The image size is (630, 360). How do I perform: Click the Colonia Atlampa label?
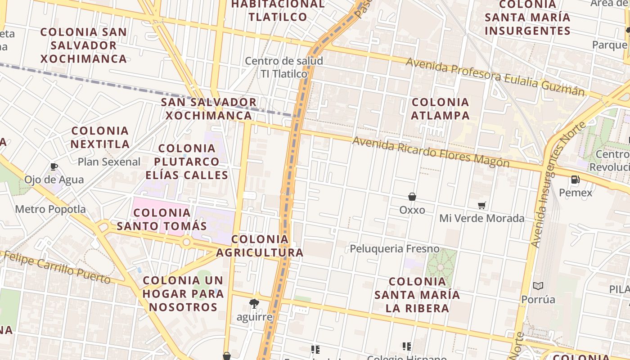(x=440, y=109)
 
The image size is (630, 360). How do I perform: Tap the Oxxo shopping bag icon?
(x=412, y=197)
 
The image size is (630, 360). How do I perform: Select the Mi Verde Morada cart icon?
(x=482, y=206)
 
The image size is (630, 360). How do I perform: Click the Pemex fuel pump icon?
(x=575, y=180)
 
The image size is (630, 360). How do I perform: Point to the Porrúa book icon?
(x=538, y=286)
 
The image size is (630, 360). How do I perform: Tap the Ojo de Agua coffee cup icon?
(x=54, y=167)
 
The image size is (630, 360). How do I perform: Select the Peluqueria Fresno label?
(x=394, y=248)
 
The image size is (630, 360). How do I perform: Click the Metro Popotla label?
(x=50, y=209)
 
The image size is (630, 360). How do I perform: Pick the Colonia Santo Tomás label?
(x=162, y=219)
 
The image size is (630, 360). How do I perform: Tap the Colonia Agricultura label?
(x=260, y=246)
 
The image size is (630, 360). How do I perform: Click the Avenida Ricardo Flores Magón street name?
(x=431, y=152)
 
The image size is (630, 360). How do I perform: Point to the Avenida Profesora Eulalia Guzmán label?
(x=495, y=76)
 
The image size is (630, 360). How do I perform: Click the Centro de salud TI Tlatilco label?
(x=284, y=67)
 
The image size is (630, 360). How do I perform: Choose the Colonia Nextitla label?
(x=100, y=137)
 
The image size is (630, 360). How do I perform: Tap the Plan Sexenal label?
(x=109, y=162)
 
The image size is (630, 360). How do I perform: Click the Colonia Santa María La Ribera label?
(x=417, y=295)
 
